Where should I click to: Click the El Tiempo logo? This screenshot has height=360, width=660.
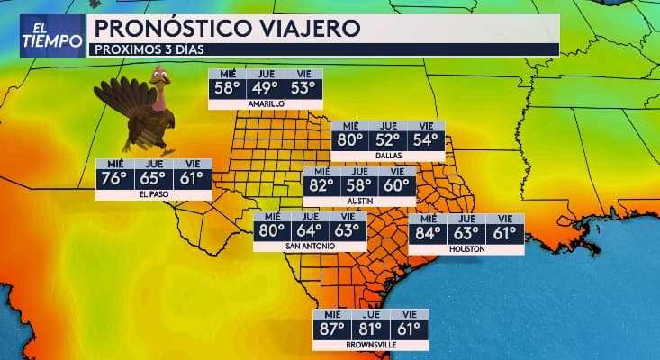43,34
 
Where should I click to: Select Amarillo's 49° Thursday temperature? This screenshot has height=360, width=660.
265,87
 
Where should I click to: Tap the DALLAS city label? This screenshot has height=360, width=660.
389,156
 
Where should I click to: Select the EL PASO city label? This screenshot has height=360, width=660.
153,193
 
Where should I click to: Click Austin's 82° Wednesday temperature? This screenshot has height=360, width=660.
321,186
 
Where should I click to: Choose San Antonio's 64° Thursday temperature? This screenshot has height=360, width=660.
311,230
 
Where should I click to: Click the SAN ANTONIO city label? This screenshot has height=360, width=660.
311,247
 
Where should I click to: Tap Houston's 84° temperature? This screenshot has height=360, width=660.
428,233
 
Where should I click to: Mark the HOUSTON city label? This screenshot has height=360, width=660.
466,249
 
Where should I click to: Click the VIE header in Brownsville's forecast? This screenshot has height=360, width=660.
409,314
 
